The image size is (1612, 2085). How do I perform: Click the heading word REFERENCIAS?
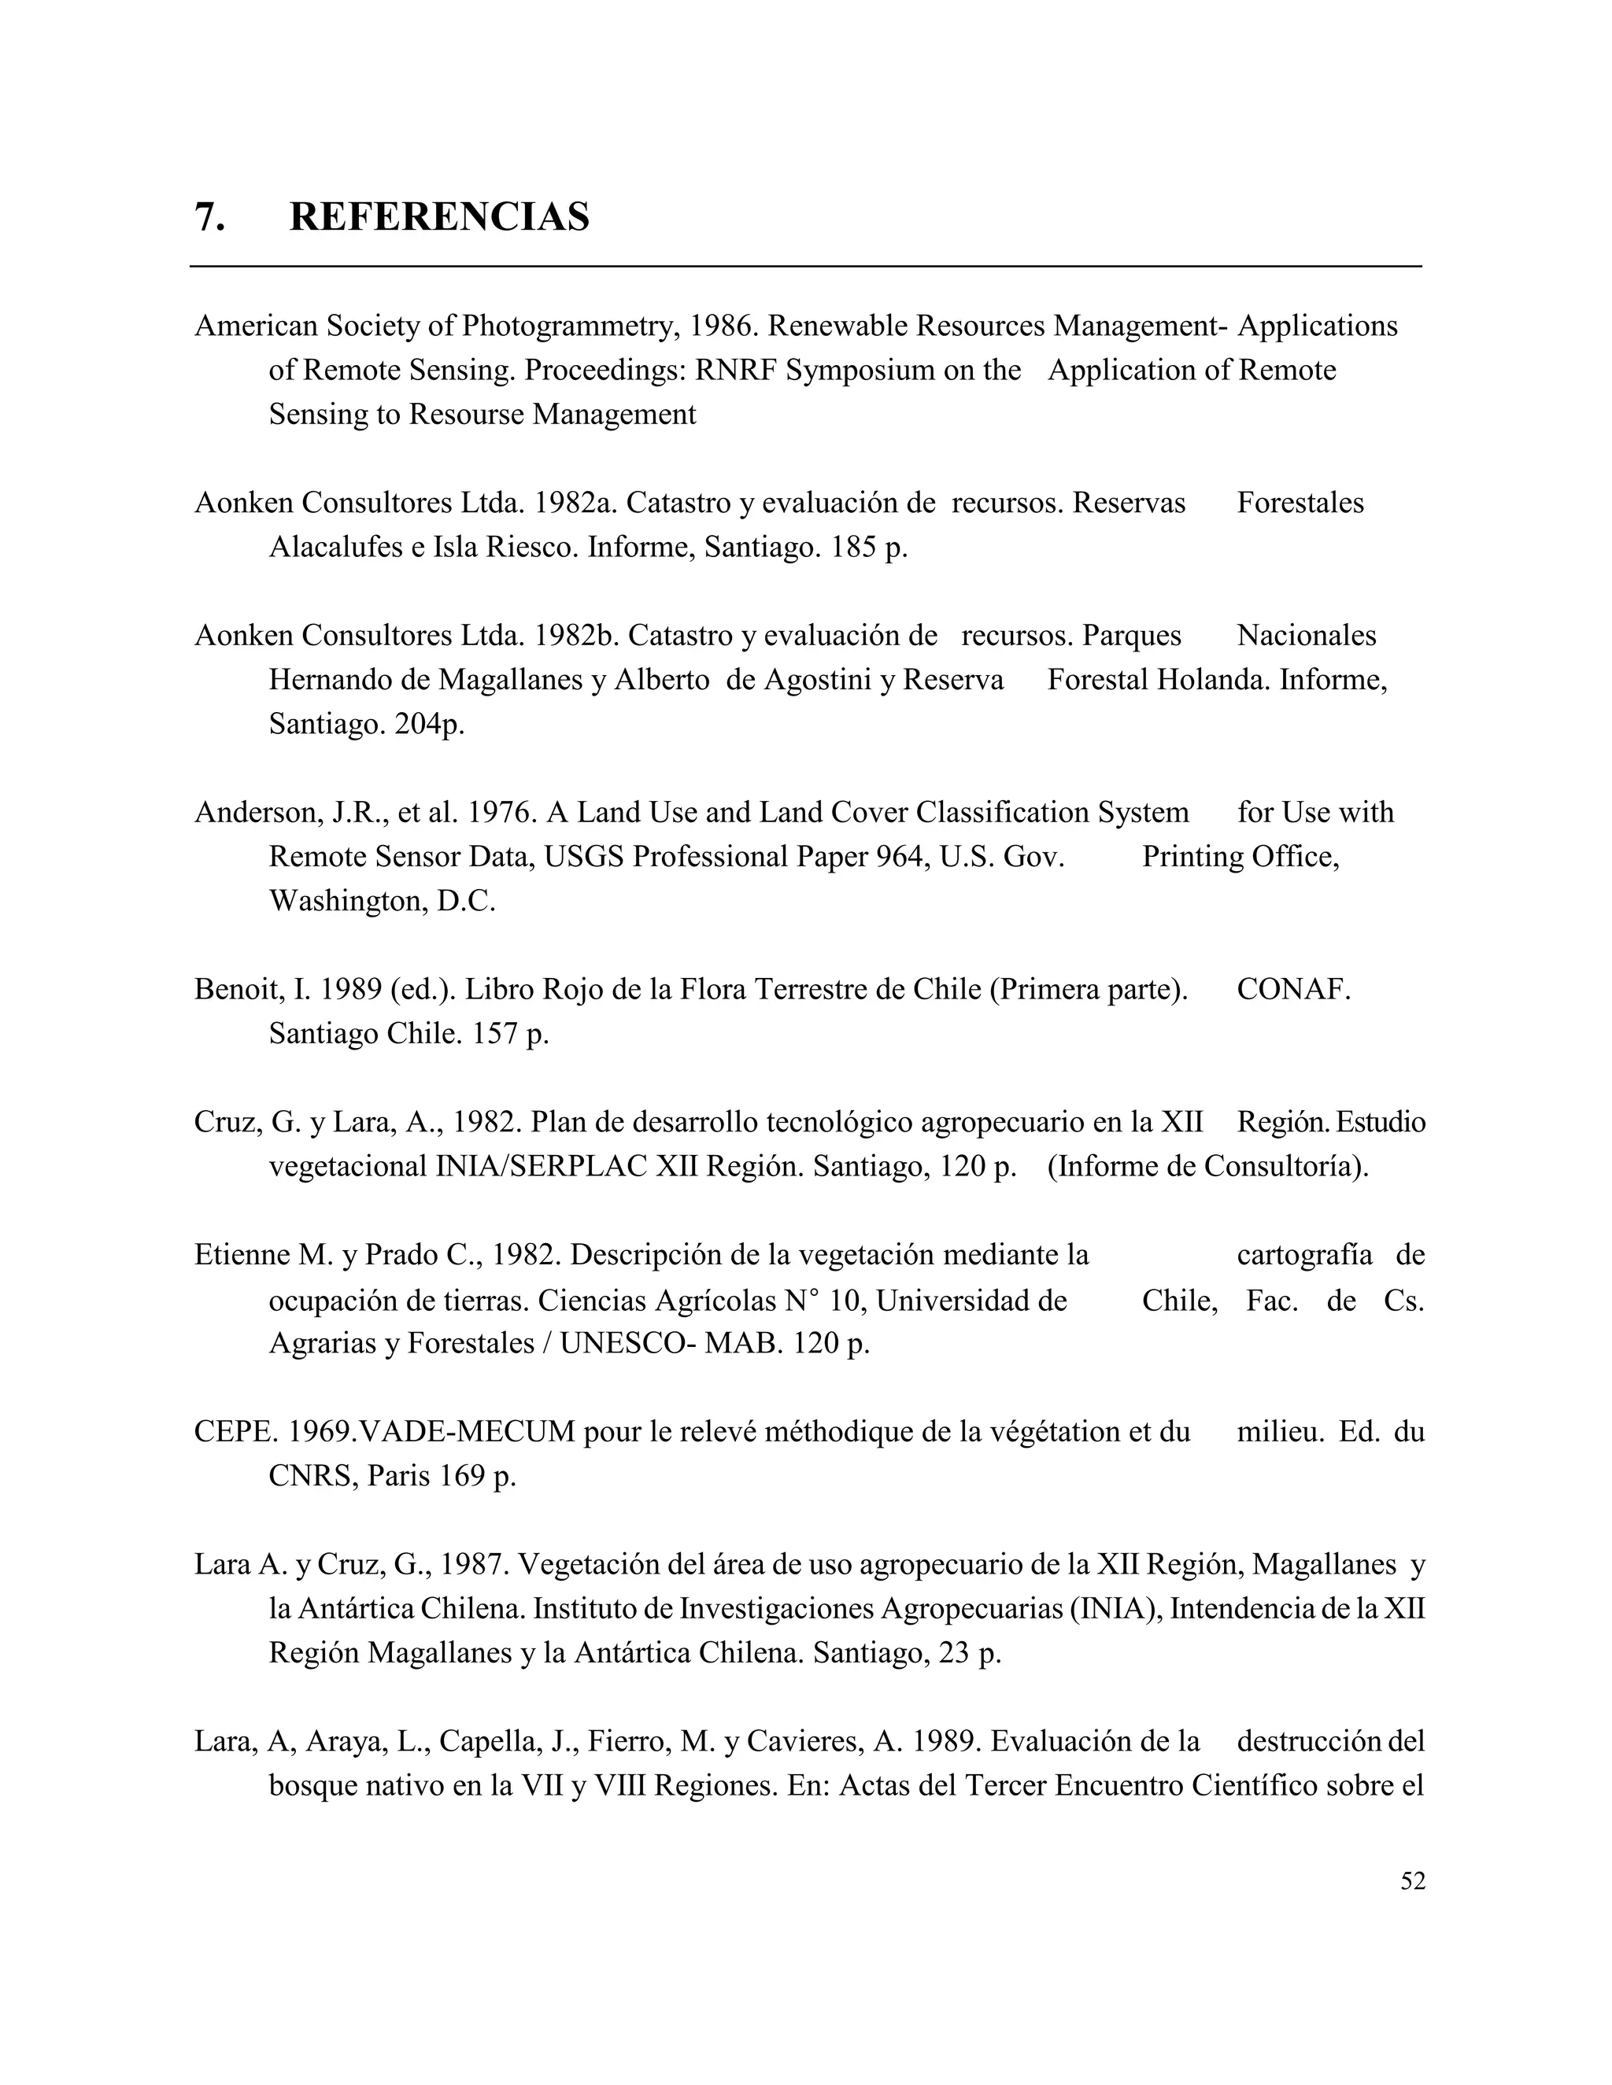click(x=439, y=218)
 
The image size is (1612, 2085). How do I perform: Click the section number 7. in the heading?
click(x=210, y=218)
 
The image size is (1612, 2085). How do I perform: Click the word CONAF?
click(x=1293, y=990)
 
